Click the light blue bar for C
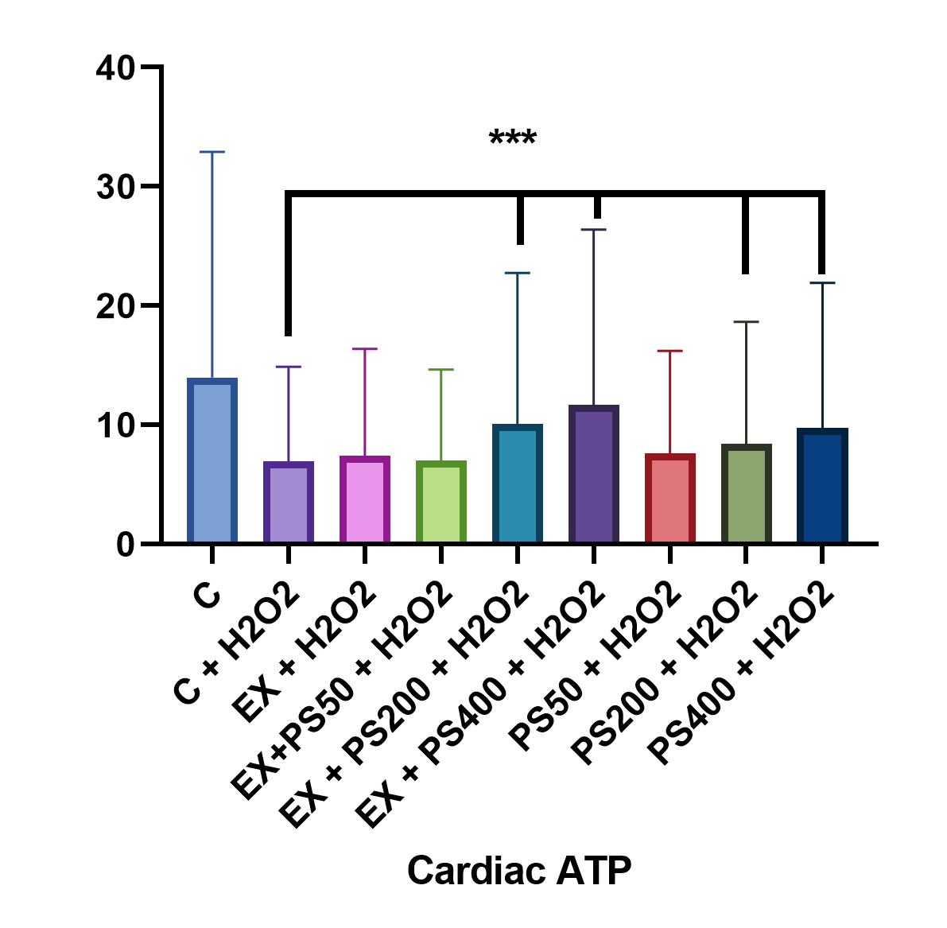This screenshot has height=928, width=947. pyautogui.click(x=212, y=461)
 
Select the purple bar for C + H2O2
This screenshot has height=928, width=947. pyautogui.click(x=289, y=503)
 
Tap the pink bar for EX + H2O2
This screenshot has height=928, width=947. pyautogui.click(x=365, y=500)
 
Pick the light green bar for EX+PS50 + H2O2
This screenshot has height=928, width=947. pyautogui.click(x=441, y=503)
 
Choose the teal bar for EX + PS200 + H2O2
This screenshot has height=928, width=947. pyautogui.click(x=518, y=484)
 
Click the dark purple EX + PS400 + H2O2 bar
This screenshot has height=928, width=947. pyautogui.click(x=594, y=475)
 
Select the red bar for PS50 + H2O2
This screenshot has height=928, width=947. pyautogui.click(x=670, y=499)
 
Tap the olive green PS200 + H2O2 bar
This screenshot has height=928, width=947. pyautogui.click(x=747, y=494)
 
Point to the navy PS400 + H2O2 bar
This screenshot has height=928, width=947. pyautogui.click(x=823, y=486)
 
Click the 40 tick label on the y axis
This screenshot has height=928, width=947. pyautogui.click(x=115, y=68)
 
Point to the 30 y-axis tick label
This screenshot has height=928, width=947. pyautogui.click(x=115, y=187)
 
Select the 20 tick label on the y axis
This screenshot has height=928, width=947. pyautogui.click(x=115, y=306)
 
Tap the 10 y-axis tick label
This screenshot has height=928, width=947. pyautogui.click(x=115, y=425)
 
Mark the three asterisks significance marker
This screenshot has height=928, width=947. pyautogui.click(x=513, y=140)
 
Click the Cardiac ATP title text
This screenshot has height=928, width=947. pyautogui.click(x=519, y=871)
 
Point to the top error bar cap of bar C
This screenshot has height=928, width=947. pyautogui.click(x=212, y=152)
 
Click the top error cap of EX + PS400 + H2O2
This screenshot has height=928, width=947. pyautogui.click(x=594, y=230)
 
